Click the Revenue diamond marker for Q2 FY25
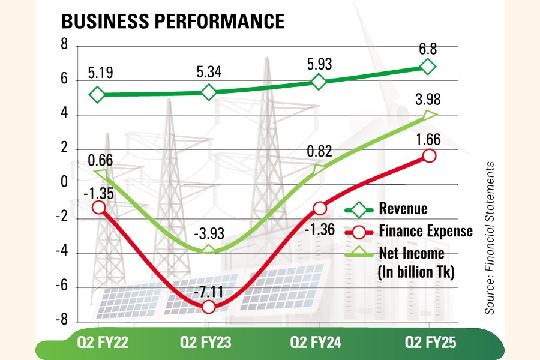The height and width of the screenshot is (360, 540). tap(428, 66)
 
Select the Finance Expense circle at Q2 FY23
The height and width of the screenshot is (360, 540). tap(208, 307)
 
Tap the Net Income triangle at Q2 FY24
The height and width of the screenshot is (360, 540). tap(319, 169)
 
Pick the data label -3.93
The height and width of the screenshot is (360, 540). tap(208, 233)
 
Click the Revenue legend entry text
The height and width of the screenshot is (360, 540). tap(403, 209)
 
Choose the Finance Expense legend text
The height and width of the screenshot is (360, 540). tap(425, 231)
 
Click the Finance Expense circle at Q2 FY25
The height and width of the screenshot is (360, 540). tap(429, 155)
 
